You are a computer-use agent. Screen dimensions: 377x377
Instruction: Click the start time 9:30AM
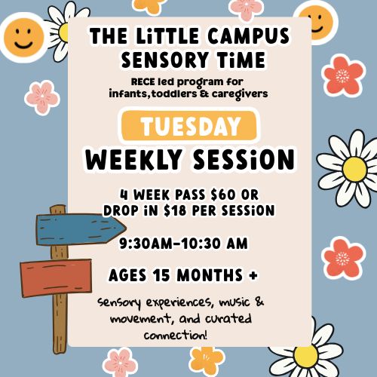coord(153,244)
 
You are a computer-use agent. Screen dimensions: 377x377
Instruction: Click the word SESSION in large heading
coord(245,160)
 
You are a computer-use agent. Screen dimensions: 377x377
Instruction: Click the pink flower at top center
coord(247,8)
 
